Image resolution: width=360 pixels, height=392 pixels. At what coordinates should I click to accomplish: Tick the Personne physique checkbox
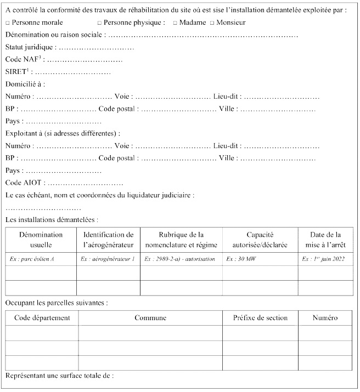pyautogui.click(x=99, y=23)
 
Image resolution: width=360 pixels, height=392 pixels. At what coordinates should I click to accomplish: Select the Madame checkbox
pyautogui.click(x=175, y=23)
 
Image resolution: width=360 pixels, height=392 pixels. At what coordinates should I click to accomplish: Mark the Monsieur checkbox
pyautogui.click(x=212, y=23)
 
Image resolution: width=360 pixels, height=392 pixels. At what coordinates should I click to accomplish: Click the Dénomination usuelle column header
pyautogui.click(x=41, y=240)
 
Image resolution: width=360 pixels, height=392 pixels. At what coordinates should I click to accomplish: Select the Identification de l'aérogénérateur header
pyautogui.click(x=108, y=240)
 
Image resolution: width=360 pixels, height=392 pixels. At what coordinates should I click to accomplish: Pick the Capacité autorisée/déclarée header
pyautogui.click(x=260, y=240)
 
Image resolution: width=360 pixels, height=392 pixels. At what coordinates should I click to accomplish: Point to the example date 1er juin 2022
pyautogui.click(x=323, y=259)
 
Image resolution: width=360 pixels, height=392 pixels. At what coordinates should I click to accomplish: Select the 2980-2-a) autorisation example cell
pyautogui.click(x=179, y=259)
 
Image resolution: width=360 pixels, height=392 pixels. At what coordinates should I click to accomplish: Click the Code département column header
pyautogui.click(x=42, y=318)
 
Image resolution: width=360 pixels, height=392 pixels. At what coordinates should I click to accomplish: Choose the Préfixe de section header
pyautogui.click(x=260, y=318)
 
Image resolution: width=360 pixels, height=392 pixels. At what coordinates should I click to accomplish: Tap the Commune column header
pyautogui.click(x=150, y=318)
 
